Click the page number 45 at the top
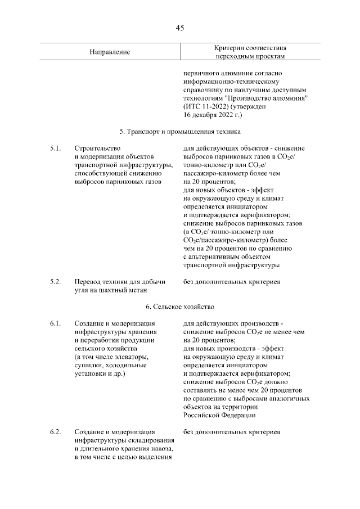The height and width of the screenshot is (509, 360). pyautogui.click(x=179, y=28)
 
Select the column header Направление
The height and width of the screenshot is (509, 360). pyautogui.click(x=110, y=52)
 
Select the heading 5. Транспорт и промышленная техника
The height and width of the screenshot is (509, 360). pyautogui.click(x=179, y=132)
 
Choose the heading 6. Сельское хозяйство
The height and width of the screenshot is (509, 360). pyautogui.click(x=179, y=307)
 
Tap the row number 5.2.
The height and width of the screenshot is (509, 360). pyautogui.click(x=55, y=281)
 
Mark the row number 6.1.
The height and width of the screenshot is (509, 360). pyautogui.click(x=55, y=323)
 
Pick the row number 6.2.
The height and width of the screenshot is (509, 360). pyautogui.click(x=55, y=432)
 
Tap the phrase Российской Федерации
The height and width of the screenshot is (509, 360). pyautogui.click(x=219, y=415)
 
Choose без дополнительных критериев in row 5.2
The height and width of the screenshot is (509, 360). pyautogui.click(x=231, y=281)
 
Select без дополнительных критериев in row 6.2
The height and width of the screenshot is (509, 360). pyautogui.click(x=231, y=432)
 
